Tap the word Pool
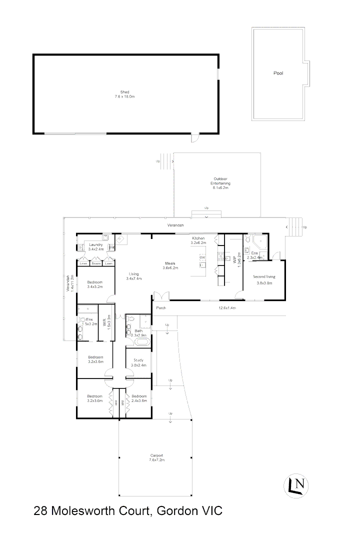click(x=278, y=73)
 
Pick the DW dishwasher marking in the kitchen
click(x=202, y=257)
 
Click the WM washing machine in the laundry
click(x=111, y=247)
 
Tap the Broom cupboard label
click(x=96, y=263)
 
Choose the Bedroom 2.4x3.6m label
click(x=138, y=398)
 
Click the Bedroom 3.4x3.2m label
click(x=94, y=284)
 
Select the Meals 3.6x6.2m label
click(x=170, y=265)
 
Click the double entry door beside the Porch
click(x=158, y=296)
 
